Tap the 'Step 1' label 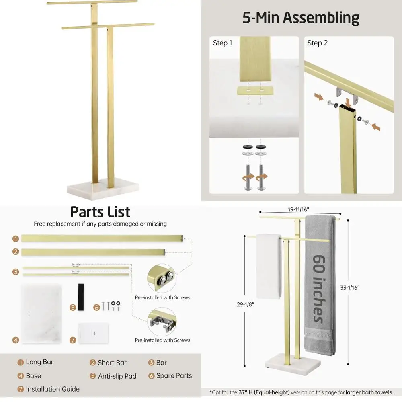(x=222, y=43)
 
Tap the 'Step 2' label (x=318, y=43)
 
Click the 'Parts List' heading (x=100, y=212)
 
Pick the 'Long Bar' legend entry (x=39, y=362)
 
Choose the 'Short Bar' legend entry (x=112, y=363)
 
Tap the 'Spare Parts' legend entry (x=174, y=376)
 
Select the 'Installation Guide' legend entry (x=52, y=389)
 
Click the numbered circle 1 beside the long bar (x=16, y=239)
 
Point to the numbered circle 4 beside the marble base (x=16, y=340)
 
